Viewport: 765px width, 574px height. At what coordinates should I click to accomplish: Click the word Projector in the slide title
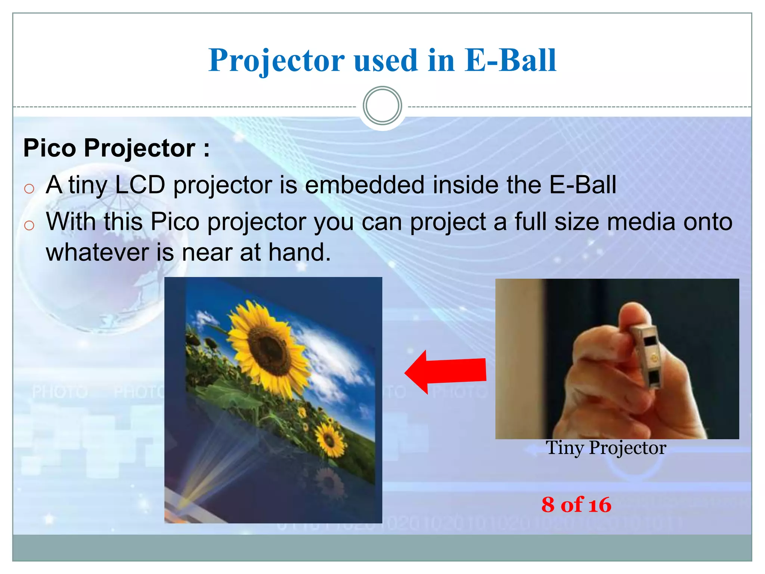(276, 61)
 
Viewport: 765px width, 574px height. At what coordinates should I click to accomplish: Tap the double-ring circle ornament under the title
(382, 106)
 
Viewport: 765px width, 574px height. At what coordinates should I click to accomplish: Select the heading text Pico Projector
(116, 148)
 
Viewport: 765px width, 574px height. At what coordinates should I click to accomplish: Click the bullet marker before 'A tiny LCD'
(29, 188)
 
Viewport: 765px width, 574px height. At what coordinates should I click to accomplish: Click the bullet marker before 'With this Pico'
(29, 225)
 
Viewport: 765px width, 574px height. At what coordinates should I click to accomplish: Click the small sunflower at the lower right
(329, 439)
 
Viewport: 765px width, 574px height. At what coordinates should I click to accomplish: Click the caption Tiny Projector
(606, 448)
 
